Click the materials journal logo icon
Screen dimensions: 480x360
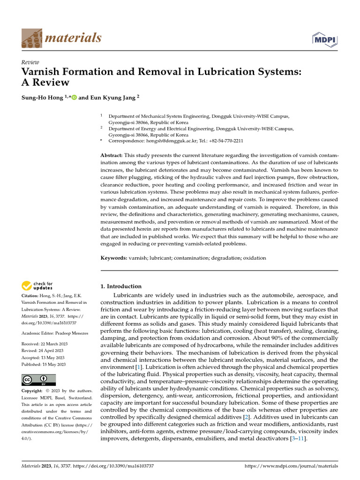(32, 38)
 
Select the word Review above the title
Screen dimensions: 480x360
(30, 62)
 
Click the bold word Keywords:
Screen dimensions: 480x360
(114, 258)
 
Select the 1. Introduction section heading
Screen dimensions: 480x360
(121, 286)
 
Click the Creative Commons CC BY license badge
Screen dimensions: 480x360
(39, 380)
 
